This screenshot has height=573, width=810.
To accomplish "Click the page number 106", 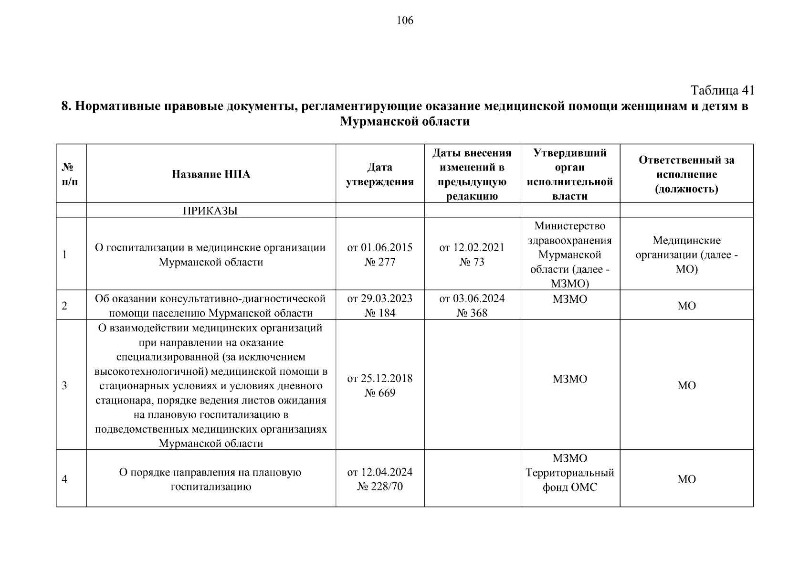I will pyautogui.click(x=405, y=21).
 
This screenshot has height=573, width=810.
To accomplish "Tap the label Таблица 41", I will pyautogui.click(x=722, y=90).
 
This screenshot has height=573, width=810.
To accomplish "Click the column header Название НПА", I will pyautogui.click(x=211, y=174).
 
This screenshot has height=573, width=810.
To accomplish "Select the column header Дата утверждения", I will pyautogui.click(x=380, y=174).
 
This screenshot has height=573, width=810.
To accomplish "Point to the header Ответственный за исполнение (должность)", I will pyautogui.click(x=686, y=174).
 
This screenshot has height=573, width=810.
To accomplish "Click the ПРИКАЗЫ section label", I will pyautogui.click(x=210, y=211).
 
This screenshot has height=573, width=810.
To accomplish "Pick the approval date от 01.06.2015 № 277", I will pyautogui.click(x=380, y=255).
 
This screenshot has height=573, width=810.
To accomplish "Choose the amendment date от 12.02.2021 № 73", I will pyautogui.click(x=472, y=255).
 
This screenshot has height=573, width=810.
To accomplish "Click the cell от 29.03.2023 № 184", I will pyautogui.click(x=380, y=306).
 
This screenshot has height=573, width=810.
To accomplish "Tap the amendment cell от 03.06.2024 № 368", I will pyautogui.click(x=472, y=306).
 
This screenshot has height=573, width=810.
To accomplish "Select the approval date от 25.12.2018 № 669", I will pyautogui.click(x=380, y=385).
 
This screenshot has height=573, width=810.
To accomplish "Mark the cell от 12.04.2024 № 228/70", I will pyautogui.click(x=380, y=479).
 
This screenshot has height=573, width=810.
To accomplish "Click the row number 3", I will pyautogui.click(x=64, y=385).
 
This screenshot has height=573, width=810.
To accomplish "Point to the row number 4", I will pyautogui.click(x=64, y=479).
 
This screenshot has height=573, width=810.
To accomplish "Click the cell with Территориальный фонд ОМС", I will pyautogui.click(x=569, y=479).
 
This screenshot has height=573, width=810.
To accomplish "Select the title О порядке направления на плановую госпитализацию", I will pyautogui.click(x=210, y=479).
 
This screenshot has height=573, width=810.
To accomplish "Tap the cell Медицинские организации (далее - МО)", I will pyautogui.click(x=686, y=255).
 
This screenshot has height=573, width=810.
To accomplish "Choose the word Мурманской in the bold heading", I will pyautogui.click(x=379, y=122).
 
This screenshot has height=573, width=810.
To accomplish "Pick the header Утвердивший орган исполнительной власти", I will pyautogui.click(x=569, y=174).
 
